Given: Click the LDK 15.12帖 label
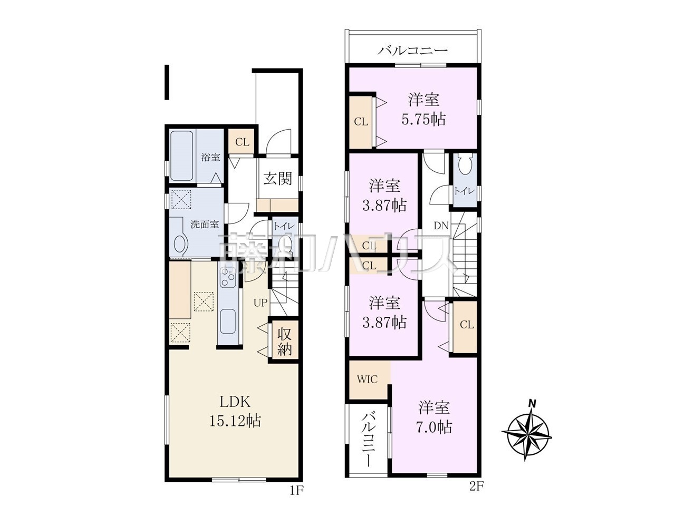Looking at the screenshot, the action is pyautogui.click(x=235, y=411).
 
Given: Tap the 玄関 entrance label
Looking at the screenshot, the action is pyautogui.click(x=278, y=178).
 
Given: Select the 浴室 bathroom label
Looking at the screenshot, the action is pyautogui.click(x=210, y=157).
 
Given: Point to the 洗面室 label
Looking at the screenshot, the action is pyautogui.click(x=205, y=225).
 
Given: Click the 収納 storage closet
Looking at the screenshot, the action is pyautogui.click(x=284, y=340).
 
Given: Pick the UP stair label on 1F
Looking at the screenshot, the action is pyautogui.click(x=261, y=303).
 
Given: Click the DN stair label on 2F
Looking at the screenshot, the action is pyautogui.click(x=441, y=226).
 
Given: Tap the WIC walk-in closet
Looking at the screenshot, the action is pyautogui.click(x=368, y=379).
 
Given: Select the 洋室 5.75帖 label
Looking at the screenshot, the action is pyautogui.click(x=424, y=109).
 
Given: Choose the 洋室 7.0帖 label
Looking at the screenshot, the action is pyautogui.click(x=434, y=417).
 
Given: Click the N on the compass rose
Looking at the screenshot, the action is pyautogui.click(x=532, y=403).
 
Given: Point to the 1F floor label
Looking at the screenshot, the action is pyautogui.click(x=297, y=498).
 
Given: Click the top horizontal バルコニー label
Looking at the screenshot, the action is pyautogui.click(x=412, y=50).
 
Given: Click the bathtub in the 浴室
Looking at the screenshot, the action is pyautogui.click(x=182, y=156).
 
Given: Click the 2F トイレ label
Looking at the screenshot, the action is pyautogui.click(x=465, y=191).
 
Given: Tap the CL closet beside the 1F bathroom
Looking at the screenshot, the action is pyautogui.click(x=242, y=142).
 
